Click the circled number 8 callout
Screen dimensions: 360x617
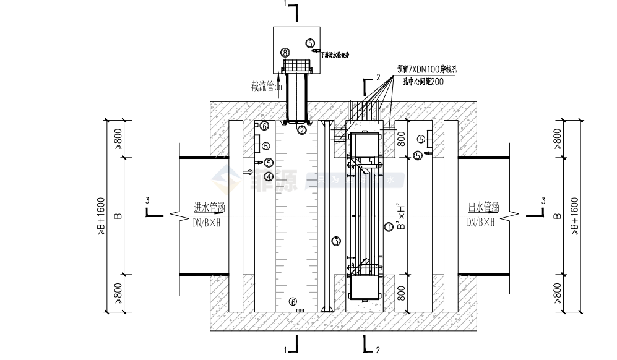point(285,52)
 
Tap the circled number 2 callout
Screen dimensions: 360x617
point(301,130)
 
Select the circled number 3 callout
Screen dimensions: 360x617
point(336,240)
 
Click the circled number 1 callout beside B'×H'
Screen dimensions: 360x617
point(388,227)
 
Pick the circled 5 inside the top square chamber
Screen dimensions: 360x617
point(310,42)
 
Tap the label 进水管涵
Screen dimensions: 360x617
point(208,207)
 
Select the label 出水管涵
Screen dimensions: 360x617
point(483,207)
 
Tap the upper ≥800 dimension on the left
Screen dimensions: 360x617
point(118,139)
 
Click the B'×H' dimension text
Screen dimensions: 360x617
point(401,216)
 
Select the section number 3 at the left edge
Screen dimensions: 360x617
point(147,200)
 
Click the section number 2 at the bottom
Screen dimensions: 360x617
point(378,350)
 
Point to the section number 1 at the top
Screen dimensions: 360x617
point(285,4)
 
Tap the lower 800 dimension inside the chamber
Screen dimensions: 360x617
point(401,291)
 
